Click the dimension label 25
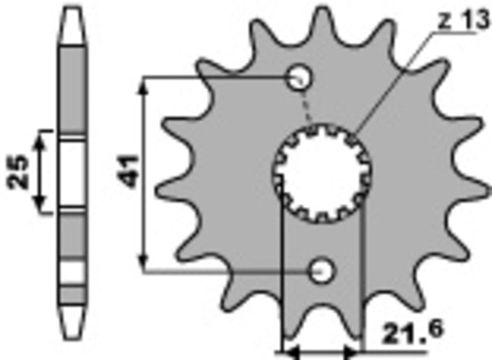17,172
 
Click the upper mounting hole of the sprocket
300,77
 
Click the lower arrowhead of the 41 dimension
145,262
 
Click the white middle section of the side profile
72,172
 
